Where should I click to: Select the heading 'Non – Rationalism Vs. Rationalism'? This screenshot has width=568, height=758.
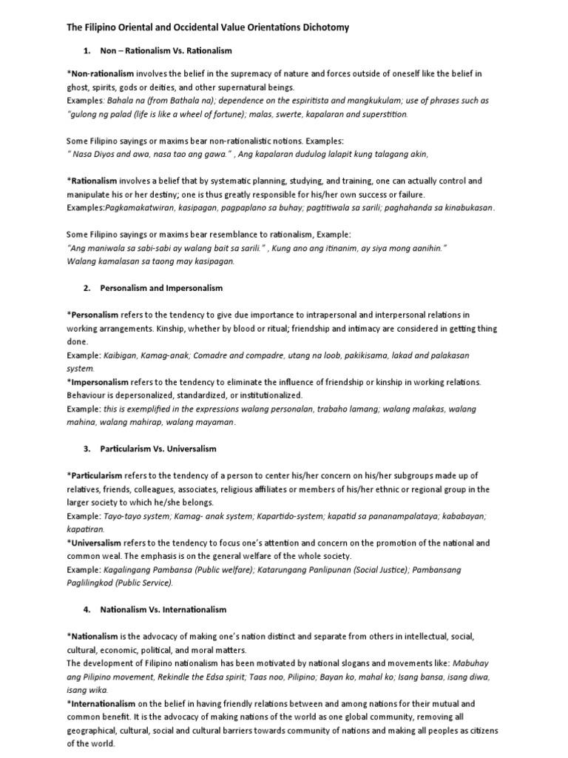click(166, 51)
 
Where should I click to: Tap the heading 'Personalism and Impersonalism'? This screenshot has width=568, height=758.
click(161, 288)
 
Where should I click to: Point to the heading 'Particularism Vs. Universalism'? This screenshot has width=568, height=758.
click(158, 449)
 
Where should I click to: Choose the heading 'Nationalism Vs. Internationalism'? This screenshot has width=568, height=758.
click(163, 610)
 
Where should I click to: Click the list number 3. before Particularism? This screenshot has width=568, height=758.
click(87, 449)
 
